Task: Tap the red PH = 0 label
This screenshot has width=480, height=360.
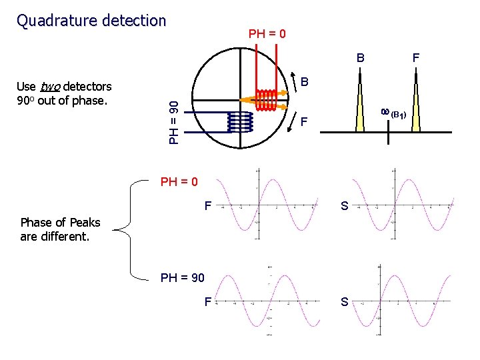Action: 267,33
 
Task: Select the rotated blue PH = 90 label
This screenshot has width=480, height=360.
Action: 173,121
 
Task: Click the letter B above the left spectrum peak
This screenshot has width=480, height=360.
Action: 360,58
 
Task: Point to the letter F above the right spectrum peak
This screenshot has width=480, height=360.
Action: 415,58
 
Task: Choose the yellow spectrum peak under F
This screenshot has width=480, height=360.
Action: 415,107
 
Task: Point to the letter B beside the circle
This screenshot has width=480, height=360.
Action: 304,83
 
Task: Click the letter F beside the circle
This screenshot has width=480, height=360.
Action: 304,123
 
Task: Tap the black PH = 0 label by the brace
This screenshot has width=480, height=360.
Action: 179,181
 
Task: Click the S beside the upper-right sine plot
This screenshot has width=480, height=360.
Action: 344,207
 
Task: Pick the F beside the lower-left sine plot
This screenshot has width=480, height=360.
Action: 208,302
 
